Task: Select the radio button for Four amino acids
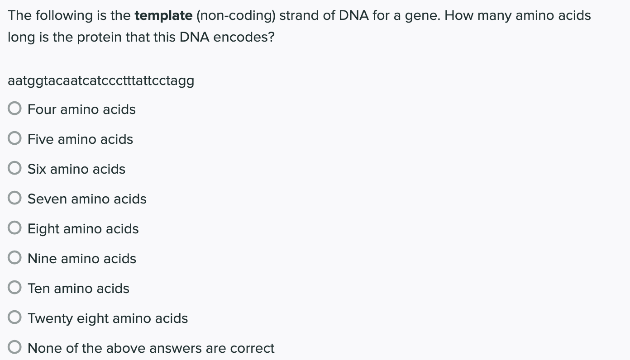pyautogui.click(x=14, y=109)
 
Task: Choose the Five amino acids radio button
pyautogui.click(x=14, y=139)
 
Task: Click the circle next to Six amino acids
pyautogui.click(x=14, y=169)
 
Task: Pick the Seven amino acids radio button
pyautogui.click(x=14, y=199)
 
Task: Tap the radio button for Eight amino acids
pyautogui.click(x=14, y=228)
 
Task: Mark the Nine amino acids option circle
pyautogui.click(x=14, y=258)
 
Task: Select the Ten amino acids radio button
pyautogui.click(x=14, y=288)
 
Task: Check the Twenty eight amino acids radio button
pyautogui.click(x=14, y=318)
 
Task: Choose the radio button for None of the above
pyautogui.click(x=14, y=348)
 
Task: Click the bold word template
pyautogui.click(x=163, y=16)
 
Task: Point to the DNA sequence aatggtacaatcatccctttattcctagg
pyautogui.click(x=101, y=81)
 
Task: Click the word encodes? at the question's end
pyautogui.click(x=243, y=37)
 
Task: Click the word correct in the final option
pyautogui.click(x=252, y=348)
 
